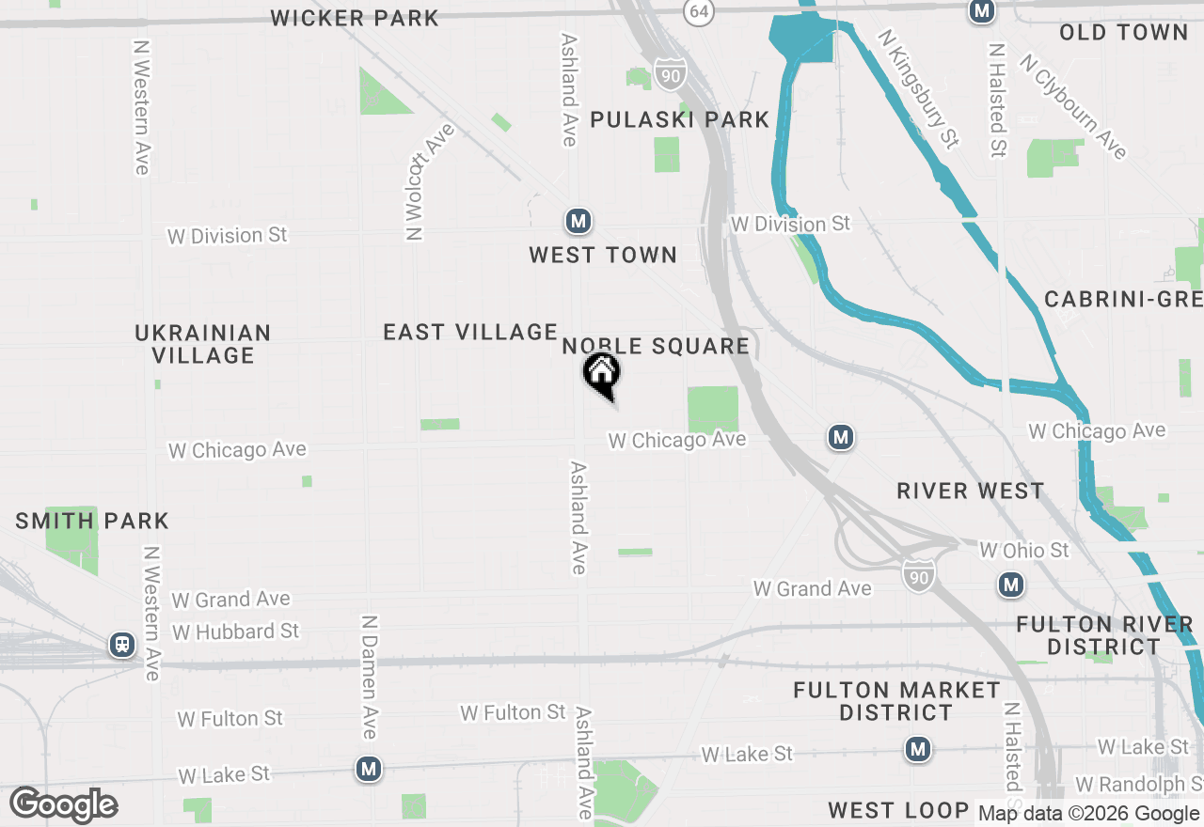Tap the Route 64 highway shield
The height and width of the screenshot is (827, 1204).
(698, 11)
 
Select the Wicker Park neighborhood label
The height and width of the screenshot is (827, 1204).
(355, 18)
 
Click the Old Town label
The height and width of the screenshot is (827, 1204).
(1123, 33)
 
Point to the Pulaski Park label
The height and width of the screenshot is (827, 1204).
(679, 120)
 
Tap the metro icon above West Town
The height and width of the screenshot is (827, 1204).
(578, 222)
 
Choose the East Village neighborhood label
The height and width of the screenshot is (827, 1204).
(470, 332)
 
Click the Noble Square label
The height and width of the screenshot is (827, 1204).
(656, 346)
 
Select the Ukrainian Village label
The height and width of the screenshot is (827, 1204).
(203, 344)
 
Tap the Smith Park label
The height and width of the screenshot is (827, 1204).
(91, 521)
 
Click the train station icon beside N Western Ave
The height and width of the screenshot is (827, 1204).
(121, 645)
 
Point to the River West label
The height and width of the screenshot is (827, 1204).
(970, 491)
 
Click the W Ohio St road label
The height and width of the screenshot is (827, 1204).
(1024, 550)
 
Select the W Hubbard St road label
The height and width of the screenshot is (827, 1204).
(235, 632)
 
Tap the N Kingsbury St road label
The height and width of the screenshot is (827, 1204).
(919, 88)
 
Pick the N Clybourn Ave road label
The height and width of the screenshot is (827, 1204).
(1074, 106)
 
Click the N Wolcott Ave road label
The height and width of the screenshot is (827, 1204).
(430, 181)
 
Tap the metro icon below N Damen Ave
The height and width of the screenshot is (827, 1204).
(369, 769)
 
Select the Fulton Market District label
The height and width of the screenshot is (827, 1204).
(895, 701)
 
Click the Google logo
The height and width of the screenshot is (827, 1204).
(64, 804)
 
